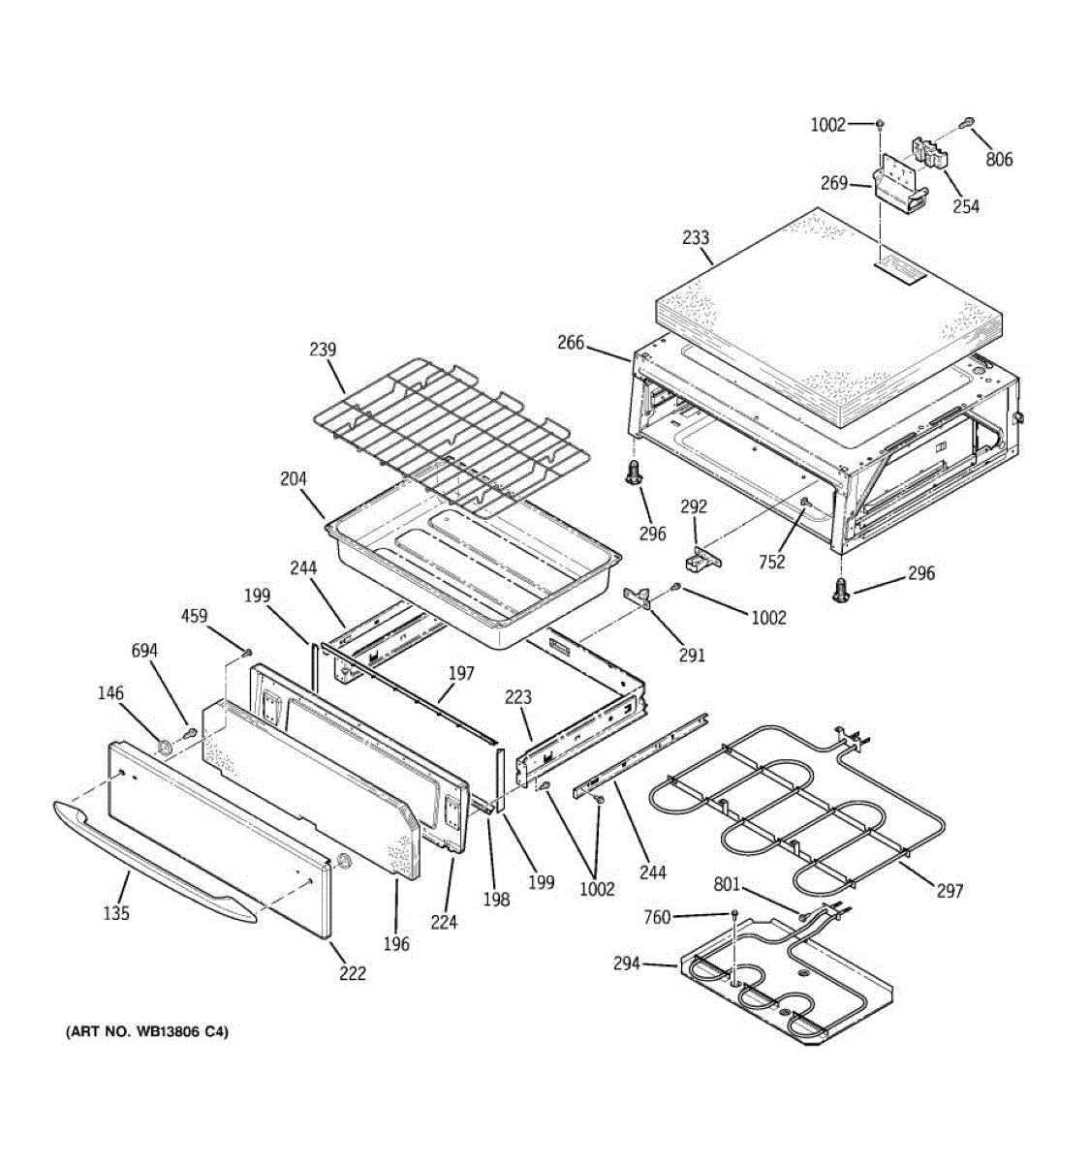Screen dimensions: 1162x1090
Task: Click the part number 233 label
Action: coord(696,237)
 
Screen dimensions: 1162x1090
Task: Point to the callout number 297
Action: coord(950,890)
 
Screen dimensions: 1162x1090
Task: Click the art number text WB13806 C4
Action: coord(147,1033)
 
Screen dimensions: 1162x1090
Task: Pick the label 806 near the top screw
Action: coord(999,159)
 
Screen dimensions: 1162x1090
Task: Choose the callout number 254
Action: coord(965,205)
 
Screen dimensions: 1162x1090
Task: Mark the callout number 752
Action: coord(772,562)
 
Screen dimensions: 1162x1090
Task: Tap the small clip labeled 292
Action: coord(704,558)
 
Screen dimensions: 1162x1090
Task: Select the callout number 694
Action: coord(144,651)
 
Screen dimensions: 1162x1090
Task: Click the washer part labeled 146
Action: coord(166,747)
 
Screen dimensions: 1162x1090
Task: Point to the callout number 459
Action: coord(196,615)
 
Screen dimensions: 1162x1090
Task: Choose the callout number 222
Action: coord(353,973)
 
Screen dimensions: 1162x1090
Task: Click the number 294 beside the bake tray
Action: coord(627,963)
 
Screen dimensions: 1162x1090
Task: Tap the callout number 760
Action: coord(657,917)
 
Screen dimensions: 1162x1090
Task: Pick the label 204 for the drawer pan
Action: coord(294,479)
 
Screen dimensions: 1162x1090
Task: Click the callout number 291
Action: coord(691,655)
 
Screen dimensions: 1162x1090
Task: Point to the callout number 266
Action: coord(571,342)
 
